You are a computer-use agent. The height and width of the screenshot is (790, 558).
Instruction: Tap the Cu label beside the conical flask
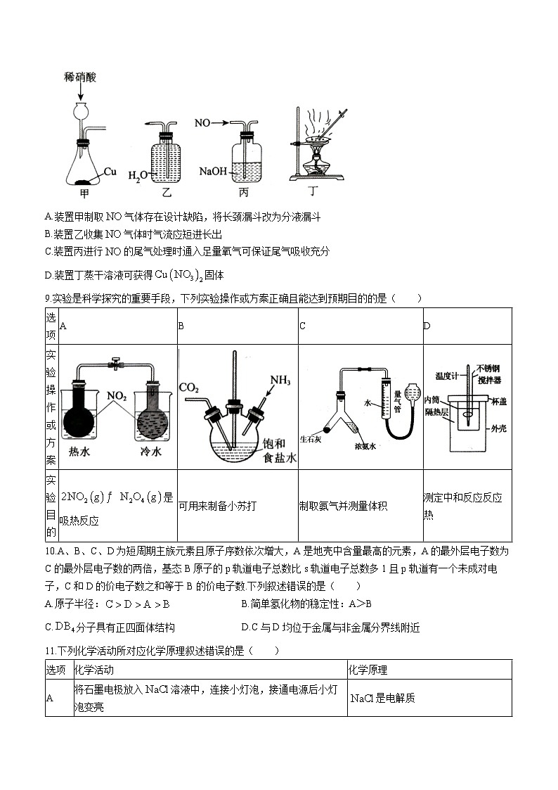click(110, 171)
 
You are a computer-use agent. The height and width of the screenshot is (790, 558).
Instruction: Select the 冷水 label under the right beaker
click(150, 452)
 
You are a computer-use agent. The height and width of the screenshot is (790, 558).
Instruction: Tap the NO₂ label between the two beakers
click(116, 397)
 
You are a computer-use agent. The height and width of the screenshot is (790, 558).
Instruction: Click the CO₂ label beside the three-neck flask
click(188, 387)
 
